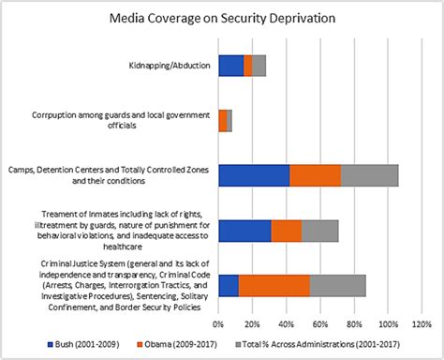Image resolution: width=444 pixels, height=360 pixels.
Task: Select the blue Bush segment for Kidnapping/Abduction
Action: point(230,65)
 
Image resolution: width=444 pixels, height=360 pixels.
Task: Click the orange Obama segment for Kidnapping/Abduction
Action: point(247,65)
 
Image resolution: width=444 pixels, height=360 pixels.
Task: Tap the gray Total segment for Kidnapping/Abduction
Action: point(259,65)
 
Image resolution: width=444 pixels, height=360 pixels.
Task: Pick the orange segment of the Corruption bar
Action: point(223,120)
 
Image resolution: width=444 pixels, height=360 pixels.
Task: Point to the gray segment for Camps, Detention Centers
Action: point(369,175)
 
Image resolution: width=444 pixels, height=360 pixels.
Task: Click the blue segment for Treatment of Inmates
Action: point(244,231)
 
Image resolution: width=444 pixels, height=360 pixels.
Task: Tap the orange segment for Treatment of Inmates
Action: point(286,231)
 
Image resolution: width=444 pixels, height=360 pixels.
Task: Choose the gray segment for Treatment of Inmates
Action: point(319,231)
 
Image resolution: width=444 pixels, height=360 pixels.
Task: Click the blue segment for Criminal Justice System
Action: point(229,286)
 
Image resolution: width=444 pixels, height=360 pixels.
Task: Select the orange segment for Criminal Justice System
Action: point(274,286)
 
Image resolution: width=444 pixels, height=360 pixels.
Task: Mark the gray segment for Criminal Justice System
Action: point(337,286)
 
